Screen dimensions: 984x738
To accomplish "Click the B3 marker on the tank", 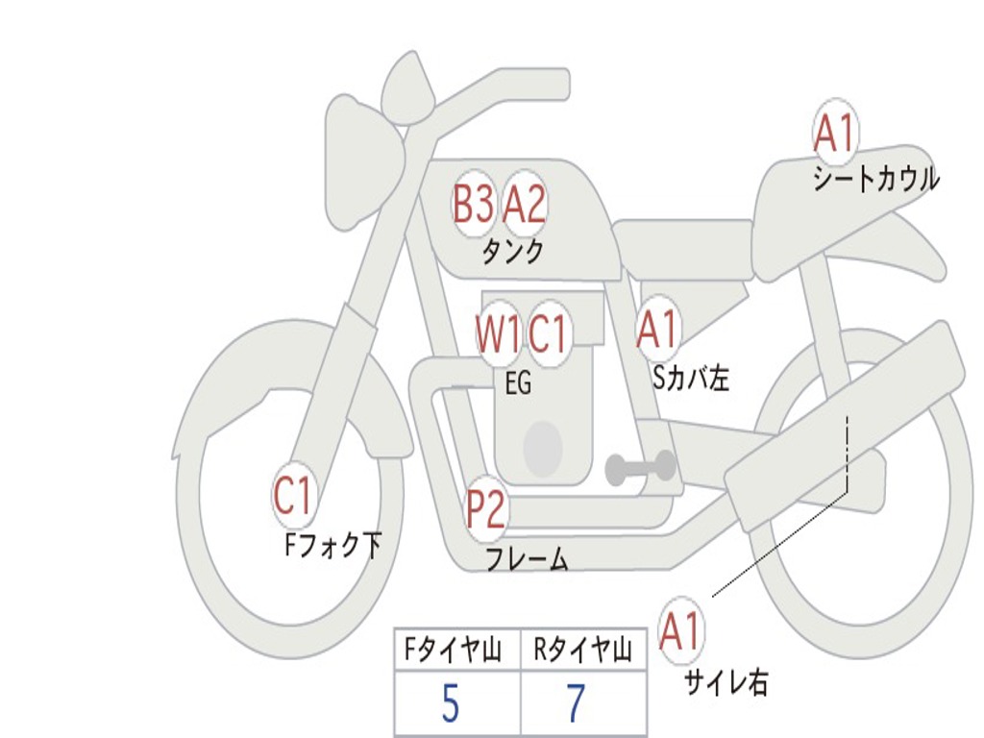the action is [473, 204].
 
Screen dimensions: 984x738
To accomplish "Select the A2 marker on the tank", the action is [524, 204].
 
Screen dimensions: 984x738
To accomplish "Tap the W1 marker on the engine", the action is [498, 332].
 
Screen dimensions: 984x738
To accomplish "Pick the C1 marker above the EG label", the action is [549, 332].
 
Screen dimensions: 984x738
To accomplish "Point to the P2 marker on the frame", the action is [485, 508].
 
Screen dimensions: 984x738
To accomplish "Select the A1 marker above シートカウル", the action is [835, 133].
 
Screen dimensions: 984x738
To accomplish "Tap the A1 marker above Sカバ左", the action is [657, 329].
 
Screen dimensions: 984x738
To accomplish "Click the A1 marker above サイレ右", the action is [680, 630].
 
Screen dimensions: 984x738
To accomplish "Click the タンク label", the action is [513, 252].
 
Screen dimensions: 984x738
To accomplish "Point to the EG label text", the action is [518, 382].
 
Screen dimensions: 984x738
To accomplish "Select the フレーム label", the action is [528, 558].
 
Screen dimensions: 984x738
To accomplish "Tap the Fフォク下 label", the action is [332, 545].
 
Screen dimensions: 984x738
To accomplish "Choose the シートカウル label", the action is [876, 179].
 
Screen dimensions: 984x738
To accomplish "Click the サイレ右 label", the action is [726, 682].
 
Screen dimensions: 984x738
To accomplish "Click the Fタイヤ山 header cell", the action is [458, 650].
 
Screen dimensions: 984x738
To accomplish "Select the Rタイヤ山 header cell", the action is [583, 650].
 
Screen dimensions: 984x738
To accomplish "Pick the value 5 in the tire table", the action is [451, 703].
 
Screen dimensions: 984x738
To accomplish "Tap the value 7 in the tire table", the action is [577, 703].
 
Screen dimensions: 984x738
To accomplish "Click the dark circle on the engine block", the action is [543, 448].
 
